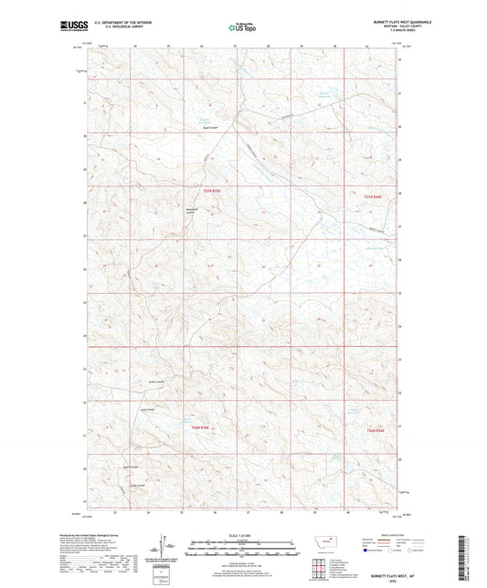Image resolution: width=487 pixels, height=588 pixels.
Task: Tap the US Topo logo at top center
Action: coord(243,28)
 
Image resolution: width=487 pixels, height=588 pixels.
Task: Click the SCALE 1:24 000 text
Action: coord(243,534)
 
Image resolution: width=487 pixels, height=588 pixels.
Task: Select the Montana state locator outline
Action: coord(326,541)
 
